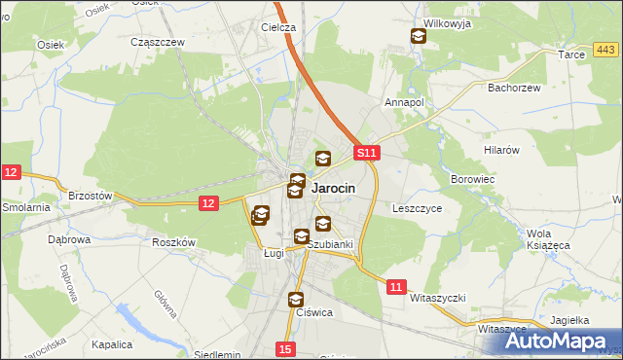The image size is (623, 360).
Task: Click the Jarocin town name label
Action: [333, 189]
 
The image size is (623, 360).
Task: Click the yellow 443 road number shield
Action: [605, 50]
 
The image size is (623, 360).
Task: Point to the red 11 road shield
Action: [395, 287]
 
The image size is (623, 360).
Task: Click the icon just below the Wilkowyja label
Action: [418, 38]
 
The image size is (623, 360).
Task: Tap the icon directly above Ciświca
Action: [296, 300]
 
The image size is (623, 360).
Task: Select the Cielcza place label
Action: [278, 28]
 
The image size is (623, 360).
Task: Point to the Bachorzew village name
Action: [513, 88]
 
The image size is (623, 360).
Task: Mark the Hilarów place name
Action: [503, 150]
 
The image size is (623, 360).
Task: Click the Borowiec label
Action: [474, 180]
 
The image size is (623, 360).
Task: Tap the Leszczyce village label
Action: [418, 208]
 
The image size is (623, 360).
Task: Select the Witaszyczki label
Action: [439, 297]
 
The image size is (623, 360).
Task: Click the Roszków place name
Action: [174, 243]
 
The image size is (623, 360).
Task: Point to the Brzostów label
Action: [91, 196]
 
